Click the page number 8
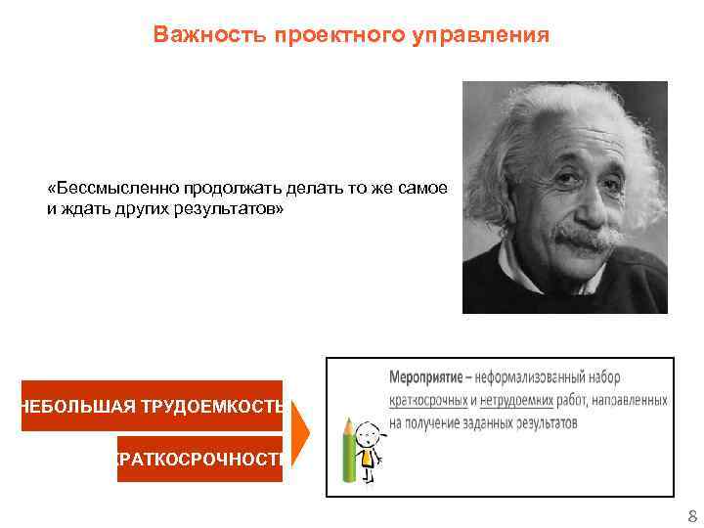(x=692, y=516)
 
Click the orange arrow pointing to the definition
(x=302, y=430)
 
